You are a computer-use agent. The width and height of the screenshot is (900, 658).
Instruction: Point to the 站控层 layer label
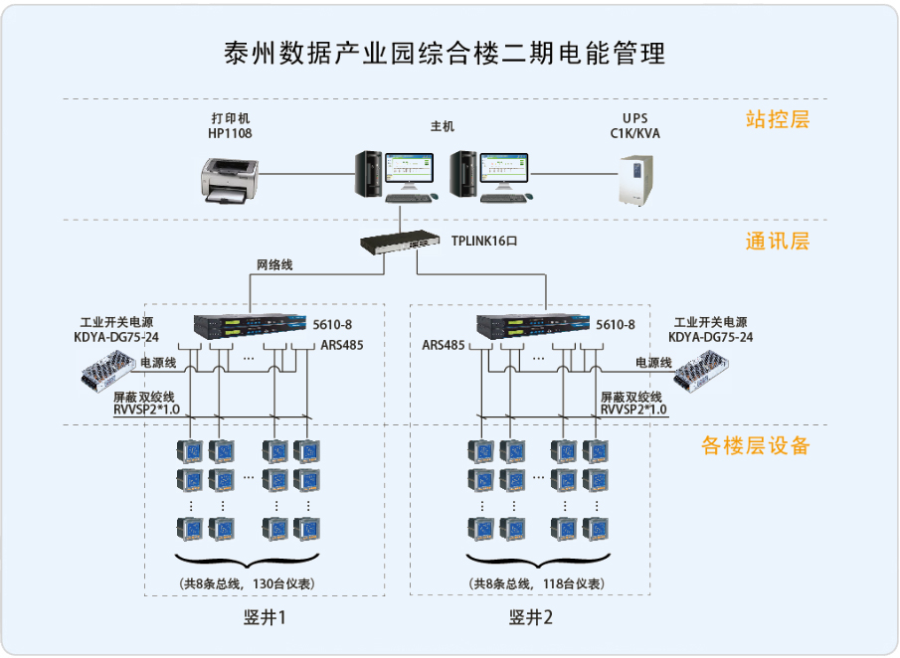click(x=778, y=120)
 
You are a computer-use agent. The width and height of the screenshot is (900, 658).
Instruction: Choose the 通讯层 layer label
click(x=778, y=242)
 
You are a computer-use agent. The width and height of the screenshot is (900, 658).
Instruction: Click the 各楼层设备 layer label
click(x=756, y=445)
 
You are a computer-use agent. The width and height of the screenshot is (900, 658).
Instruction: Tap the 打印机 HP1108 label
click(x=230, y=125)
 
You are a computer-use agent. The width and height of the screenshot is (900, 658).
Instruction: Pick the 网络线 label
click(x=274, y=265)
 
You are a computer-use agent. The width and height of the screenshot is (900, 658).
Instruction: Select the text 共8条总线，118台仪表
click(x=538, y=582)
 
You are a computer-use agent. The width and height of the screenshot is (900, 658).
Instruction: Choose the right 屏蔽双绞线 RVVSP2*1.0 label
click(x=633, y=403)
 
